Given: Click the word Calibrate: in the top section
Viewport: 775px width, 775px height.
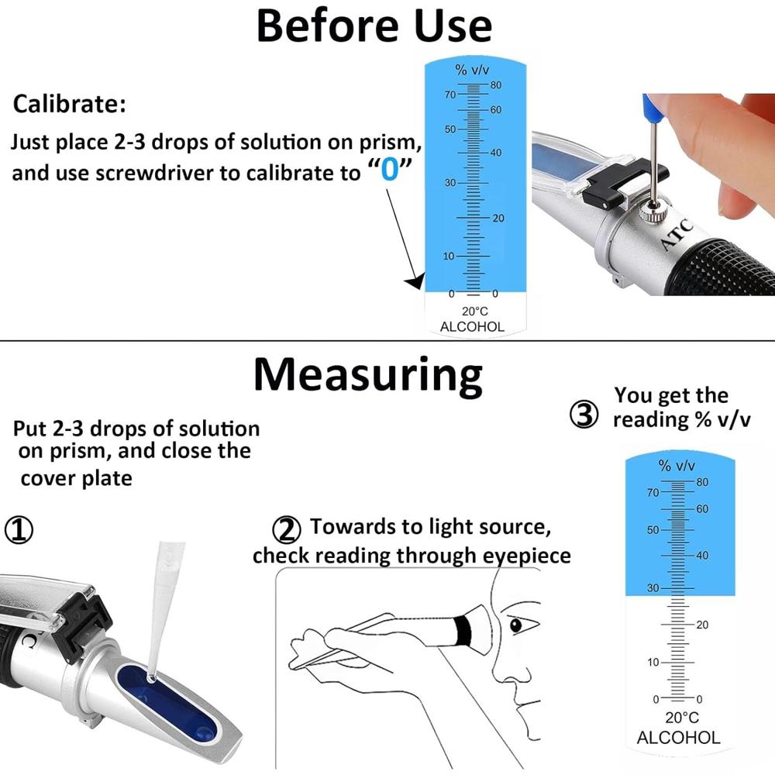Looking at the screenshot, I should point(69,104).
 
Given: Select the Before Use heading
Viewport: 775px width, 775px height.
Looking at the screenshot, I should point(374,26).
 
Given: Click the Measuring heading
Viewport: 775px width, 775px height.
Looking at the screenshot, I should point(368,374).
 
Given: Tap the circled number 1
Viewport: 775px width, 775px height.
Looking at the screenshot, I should point(20,531).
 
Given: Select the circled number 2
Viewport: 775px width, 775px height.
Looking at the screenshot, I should point(287,530).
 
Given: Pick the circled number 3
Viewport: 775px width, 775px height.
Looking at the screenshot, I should point(584,416).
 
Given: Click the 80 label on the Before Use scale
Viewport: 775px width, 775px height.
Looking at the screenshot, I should point(495,85).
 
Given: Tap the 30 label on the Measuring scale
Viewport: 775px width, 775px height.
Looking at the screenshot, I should point(653,588).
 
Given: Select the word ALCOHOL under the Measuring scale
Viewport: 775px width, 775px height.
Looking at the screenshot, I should point(678,738).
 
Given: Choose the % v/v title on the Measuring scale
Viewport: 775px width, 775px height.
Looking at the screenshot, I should point(677,466).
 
